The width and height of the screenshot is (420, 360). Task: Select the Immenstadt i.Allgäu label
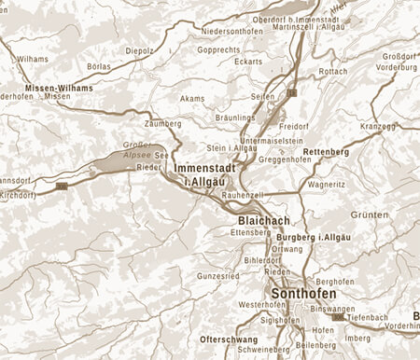click(x=201, y=173)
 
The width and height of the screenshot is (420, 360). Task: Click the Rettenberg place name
click(x=327, y=151)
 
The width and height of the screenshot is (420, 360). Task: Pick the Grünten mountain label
click(x=371, y=215)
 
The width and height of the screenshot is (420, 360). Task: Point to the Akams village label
click(x=190, y=97)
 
